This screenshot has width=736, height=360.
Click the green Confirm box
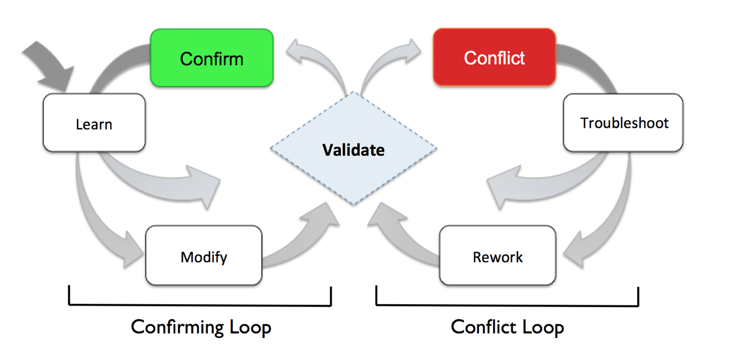[211, 58]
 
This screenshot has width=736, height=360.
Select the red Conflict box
[494, 58]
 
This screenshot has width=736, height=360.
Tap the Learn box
[94, 124]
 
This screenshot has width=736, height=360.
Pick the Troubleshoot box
[624, 123]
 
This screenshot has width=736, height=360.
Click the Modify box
[204, 257]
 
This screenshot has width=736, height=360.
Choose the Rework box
[498, 257]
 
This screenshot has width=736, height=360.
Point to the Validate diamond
[353, 150]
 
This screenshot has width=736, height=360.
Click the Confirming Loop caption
[201, 327]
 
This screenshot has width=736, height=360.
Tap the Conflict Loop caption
[507, 327]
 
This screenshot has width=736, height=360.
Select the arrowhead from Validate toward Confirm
[298, 53]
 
